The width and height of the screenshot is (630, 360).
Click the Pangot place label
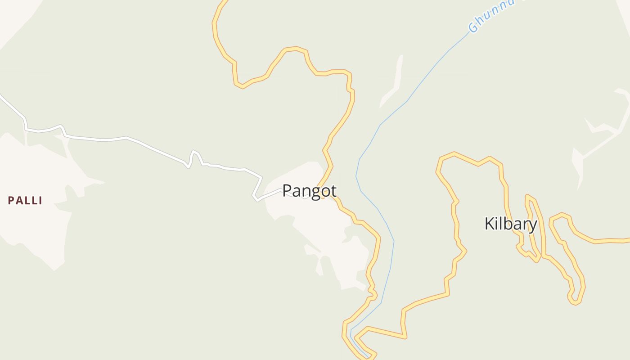coord(309,191)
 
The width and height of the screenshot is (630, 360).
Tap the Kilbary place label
coord(510,224)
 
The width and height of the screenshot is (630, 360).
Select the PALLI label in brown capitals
coord(25,201)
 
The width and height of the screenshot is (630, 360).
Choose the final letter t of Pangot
coord(333,191)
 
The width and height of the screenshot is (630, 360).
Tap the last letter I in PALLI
coord(40,201)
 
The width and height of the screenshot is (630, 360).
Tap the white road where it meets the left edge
coord(1,95)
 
